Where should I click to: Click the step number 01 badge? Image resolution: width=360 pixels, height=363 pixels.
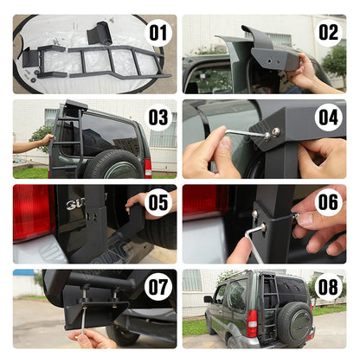pos(158,34)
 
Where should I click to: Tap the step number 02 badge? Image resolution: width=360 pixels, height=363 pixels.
pos(328,32)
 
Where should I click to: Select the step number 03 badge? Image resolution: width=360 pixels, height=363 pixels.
pos(158,117)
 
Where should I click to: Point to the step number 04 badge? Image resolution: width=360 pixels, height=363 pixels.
pos(328,117)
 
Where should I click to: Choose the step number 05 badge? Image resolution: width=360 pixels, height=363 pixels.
pos(158,202)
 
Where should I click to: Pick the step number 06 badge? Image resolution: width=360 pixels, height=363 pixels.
pos(328,201)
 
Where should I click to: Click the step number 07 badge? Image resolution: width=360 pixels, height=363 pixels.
pos(158,286)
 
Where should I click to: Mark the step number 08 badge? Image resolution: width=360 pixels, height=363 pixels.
pos(328,286)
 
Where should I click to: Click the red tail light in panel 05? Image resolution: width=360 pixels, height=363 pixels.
pos(32,212)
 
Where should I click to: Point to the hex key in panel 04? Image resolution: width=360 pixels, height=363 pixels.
pos(247,133)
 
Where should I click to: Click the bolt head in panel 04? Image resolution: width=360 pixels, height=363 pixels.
pos(275,131)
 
